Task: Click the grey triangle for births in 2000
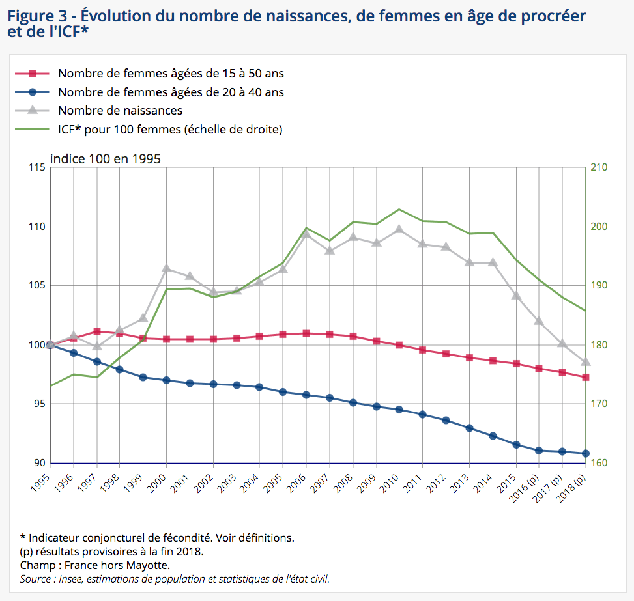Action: [x=166, y=268]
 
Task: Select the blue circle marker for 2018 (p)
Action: [x=586, y=453]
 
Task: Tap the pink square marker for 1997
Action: [x=96, y=331]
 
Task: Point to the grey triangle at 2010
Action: [x=399, y=229]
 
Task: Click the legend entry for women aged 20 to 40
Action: [x=171, y=92]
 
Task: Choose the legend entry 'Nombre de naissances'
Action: [x=120, y=111]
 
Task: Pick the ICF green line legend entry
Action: [x=170, y=129]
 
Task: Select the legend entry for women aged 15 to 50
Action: [x=171, y=74]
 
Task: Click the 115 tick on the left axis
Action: [x=37, y=167]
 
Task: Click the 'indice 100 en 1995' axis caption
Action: [x=106, y=159]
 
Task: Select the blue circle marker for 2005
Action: [x=283, y=392]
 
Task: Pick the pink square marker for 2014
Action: [x=493, y=361]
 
